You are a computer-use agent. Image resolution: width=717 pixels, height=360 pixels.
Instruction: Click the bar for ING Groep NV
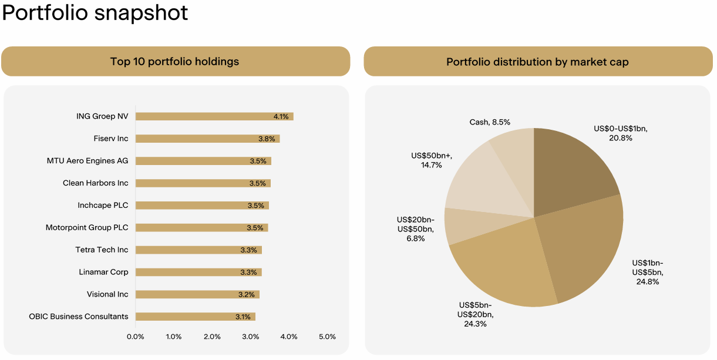pos(214,116)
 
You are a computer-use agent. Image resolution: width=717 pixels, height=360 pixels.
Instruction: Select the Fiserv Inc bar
pos(207,139)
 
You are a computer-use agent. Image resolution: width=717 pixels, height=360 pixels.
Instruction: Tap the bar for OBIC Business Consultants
pos(195,317)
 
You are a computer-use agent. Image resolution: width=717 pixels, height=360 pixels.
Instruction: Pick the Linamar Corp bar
pos(198,272)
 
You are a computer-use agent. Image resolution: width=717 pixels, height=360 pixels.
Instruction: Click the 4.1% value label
pos(281,116)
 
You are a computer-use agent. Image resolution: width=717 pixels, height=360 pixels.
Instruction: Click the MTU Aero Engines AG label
pos(87,161)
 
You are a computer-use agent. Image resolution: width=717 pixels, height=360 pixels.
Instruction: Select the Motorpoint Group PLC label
pos(87,227)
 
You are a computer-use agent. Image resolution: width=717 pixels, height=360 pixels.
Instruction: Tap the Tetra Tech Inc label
pos(102,250)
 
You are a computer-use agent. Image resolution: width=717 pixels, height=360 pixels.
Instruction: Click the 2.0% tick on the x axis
pos(212,337)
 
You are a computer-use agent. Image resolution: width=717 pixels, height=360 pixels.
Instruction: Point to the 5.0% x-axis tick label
pos(327,337)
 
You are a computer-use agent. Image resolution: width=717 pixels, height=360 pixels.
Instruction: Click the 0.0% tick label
pos(136,337)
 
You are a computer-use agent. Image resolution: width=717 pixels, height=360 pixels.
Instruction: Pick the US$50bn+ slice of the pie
pos(476,180)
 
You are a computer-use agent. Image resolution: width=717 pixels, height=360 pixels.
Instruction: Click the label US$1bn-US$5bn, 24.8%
pos(647,272)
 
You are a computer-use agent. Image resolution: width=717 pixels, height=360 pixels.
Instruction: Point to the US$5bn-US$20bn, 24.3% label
pos(476,314)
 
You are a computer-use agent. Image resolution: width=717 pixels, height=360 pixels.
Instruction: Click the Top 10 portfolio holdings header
pos(175,62)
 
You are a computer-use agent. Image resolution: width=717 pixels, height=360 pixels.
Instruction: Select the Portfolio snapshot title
pos(95,13)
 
